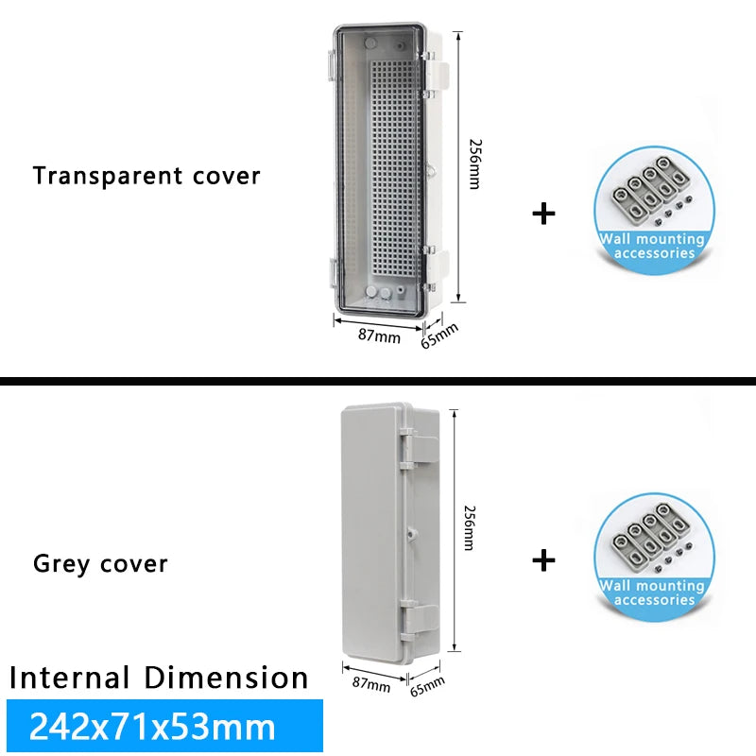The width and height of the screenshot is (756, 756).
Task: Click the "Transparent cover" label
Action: click(146, 176)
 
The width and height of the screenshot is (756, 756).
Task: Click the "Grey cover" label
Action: click(100, 564)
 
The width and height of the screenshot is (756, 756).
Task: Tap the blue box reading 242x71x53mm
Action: click(163, 726)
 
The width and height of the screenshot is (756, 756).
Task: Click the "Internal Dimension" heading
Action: click(159, 678)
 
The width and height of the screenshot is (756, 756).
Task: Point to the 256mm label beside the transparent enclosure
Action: click(474, 163)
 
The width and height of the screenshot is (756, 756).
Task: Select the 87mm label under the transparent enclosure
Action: click(377, 335)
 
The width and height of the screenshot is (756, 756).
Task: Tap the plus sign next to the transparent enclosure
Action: click(543, 213)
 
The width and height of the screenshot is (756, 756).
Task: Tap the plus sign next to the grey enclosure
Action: click(543, 560)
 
